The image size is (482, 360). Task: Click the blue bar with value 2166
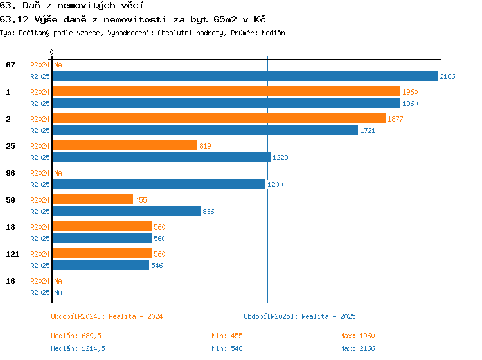(245, 76)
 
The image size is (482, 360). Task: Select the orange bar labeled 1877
(219, 118)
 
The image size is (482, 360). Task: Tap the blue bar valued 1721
(206, 130)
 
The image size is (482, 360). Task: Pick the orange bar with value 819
(125, 145)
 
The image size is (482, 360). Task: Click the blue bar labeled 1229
(161, 157)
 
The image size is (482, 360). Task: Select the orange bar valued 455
(93, 199)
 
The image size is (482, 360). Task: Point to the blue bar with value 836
(127, 212)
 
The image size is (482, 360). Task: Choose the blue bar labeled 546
(101, 265)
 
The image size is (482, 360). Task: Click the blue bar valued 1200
(159, 184)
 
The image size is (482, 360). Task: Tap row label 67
(10, 65)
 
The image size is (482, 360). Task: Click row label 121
(13, 254)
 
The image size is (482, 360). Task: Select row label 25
(10, 146)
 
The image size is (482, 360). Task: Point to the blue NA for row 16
(58, 292)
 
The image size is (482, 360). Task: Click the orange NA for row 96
(58, 173)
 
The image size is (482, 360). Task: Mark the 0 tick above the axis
(51, 52)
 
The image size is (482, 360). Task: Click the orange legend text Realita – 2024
(136, 317)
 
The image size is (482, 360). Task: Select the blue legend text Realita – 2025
(328, 317)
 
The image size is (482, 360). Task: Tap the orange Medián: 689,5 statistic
(76, 336)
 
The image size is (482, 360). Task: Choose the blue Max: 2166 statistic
(357, 348)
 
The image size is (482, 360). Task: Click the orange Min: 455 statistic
(227, 336)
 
